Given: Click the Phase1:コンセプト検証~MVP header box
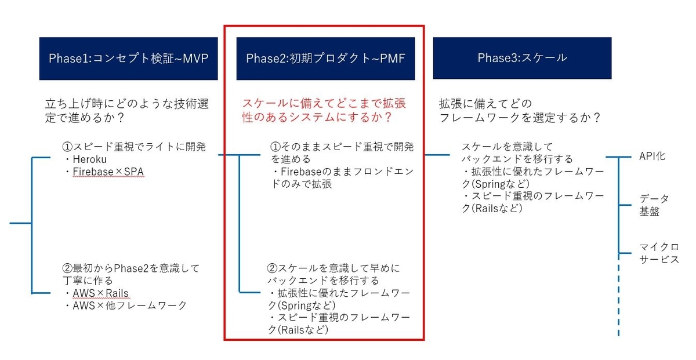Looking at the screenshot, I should pos(128,58).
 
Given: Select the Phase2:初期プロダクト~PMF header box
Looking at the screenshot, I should pos(325,58).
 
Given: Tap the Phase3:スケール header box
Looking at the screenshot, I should pos(522,58).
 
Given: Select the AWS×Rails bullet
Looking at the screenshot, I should pos(100,293).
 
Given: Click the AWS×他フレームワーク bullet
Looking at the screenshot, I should pos(129,305).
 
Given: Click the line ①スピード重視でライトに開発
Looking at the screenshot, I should pos(134,146).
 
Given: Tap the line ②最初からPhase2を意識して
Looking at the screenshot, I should pos(130,268).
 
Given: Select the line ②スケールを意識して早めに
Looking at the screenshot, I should pos(333,268).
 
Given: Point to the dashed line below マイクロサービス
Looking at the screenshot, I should pos(619,301).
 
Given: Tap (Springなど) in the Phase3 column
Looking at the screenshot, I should pos(496,184).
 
